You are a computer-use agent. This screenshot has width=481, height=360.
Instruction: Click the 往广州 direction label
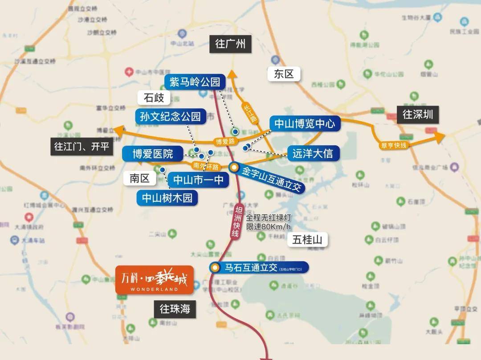tap(230, 45)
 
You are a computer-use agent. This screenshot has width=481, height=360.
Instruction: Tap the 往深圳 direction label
tap(418, 115)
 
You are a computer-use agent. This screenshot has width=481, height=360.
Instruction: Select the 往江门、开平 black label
tap(82, 146)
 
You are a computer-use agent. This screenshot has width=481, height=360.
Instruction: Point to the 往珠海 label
tap(175, 309)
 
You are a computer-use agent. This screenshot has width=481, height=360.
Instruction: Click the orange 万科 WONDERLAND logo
tap(155, 280)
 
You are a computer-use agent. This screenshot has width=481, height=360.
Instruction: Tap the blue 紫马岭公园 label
tap(195, 82)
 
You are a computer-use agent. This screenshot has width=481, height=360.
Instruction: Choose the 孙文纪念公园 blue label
tap(171, 117)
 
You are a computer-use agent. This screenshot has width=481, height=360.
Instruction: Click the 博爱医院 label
tap(153, 154)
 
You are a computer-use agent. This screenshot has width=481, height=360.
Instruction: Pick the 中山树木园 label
tap(167, 197)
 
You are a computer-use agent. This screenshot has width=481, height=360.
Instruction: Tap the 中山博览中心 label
tap(305, 123)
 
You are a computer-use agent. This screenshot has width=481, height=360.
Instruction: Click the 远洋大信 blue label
tap(313, 154)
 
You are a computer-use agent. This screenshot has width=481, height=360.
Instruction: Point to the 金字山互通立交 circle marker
tap(234, 167)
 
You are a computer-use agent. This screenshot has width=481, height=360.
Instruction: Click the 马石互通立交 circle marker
tap(215, 268)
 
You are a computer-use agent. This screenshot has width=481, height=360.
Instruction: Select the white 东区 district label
tap(284, 74)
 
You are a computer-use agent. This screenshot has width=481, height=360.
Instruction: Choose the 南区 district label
tap(140, 179)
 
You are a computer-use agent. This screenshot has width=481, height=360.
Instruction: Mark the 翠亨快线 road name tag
tap(394, 145)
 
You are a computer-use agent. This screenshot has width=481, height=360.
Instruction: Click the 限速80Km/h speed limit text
tap(268, 227)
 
